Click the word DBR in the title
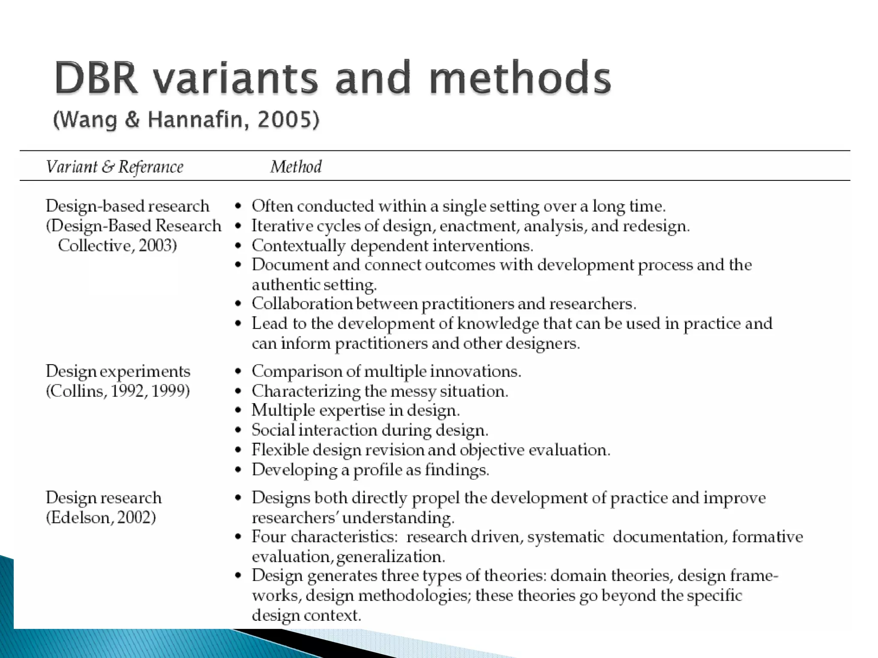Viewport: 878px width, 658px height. [96, 78]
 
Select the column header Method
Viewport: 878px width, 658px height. [296, 167]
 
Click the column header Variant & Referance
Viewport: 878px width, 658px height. [114, 167]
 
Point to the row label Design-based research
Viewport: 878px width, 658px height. [127, 206]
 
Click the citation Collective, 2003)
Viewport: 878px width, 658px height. [117, 245]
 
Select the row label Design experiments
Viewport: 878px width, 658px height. [118, 371]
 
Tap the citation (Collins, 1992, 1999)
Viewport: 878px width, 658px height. [118, 391]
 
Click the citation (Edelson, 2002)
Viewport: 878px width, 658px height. [101, 517]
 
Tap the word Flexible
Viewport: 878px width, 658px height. [279, 450]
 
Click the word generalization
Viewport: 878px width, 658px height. [390, 556]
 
